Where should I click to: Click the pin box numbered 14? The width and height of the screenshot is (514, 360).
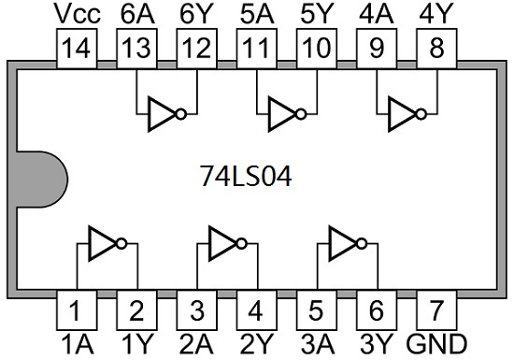click(x=77, y=49)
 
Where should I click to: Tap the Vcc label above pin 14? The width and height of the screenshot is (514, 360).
click(x=78, y=14)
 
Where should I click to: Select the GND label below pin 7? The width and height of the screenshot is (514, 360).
click(x=436, y=344)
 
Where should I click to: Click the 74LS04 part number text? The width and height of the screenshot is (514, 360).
click(x=246, y=176)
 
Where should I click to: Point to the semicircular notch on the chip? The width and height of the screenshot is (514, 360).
click(x=41, y=180)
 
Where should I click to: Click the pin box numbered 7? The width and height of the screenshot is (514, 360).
click(x=436, y=310)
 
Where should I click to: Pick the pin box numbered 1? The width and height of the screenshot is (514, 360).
click(x=77, y=310)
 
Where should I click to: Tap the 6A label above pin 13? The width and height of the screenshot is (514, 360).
click(x=137, y=14)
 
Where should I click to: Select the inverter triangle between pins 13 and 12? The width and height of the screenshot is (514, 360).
click(x=163, y=114)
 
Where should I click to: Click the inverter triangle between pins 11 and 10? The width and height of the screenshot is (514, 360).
click(x=282, y=114)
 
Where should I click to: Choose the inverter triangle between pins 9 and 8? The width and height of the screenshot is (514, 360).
click(x=403, y=114)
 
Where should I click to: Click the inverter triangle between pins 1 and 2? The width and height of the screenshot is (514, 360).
click(x=103, y=244)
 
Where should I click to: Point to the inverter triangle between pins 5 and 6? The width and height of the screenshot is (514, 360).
click(x=343, y=244)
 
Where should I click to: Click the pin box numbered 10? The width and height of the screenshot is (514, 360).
click(x=317, y=49)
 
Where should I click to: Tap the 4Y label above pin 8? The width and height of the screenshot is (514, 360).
click(x=436, y=14)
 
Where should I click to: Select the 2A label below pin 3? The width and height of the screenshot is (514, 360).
click(x=196, y=344)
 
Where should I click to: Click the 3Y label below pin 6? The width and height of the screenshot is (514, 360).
click(x=377, y=344)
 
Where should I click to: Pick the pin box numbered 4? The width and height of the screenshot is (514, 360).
click(x=257, y=310)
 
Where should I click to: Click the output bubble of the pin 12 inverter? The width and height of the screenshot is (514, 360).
click(x=181, y=114)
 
